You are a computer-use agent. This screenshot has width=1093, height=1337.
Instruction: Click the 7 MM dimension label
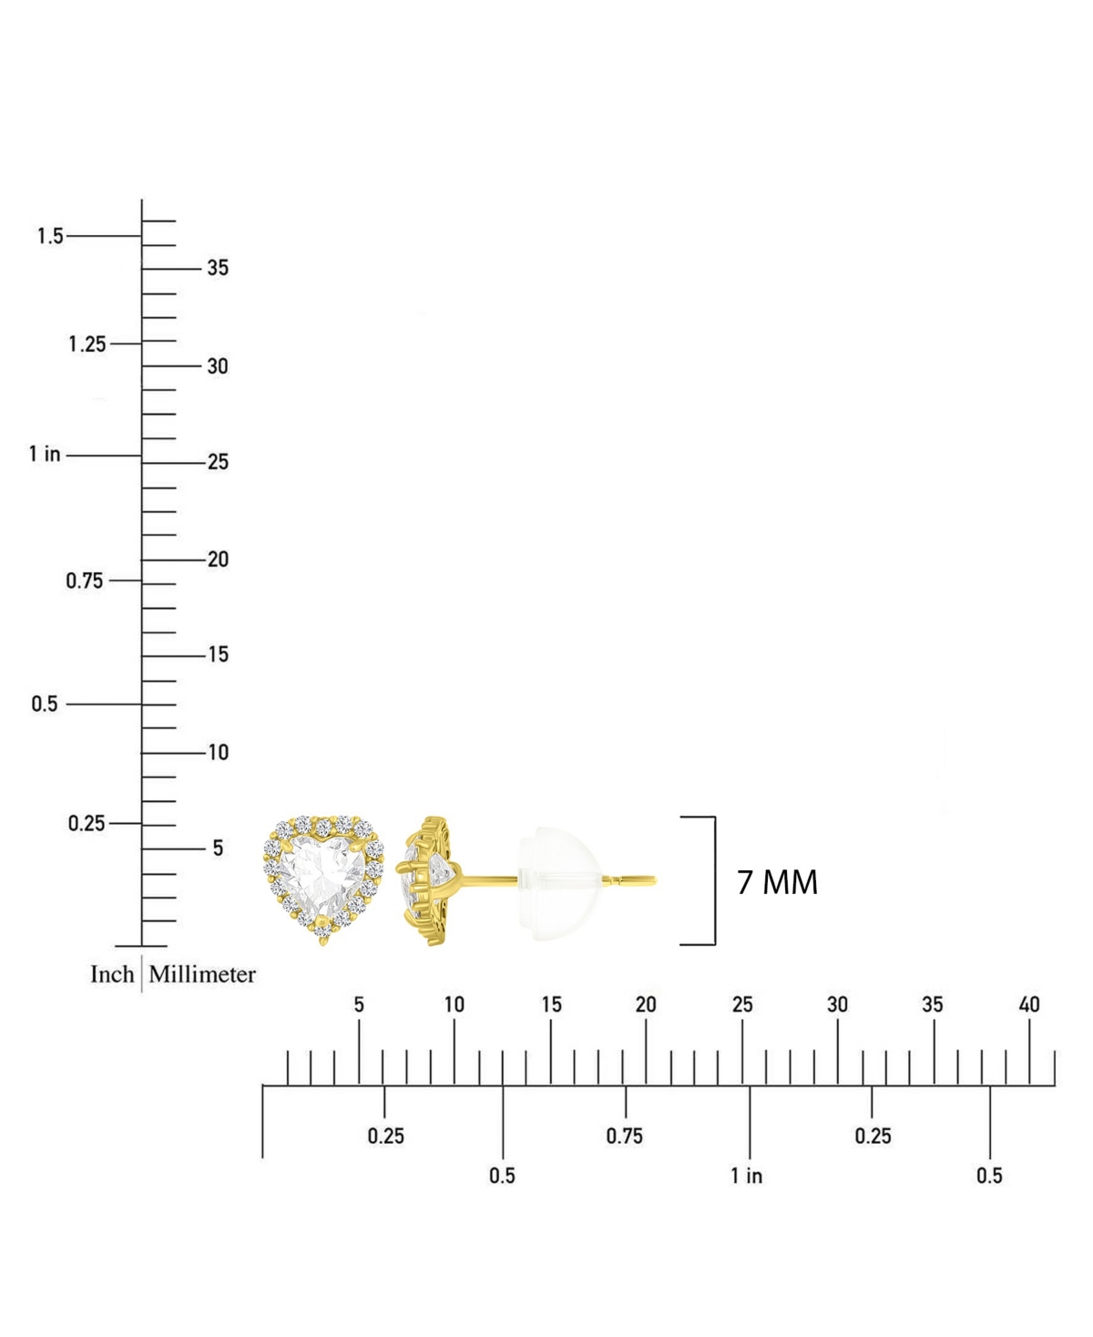pos(777,882)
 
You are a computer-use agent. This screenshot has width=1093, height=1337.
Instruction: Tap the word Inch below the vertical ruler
pos(112,974)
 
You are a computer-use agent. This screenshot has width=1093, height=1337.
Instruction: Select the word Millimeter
pos(202,974)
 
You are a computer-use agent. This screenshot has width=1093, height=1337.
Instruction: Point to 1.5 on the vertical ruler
pos(50,236)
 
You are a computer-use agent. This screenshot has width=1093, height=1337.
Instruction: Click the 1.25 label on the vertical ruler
pos(87,345)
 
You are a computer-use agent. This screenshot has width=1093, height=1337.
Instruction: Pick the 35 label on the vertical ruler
pos(218,268)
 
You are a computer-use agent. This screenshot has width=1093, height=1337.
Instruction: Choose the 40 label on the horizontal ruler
pos(1029,1004)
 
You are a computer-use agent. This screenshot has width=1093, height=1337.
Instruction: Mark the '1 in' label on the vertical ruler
pos(45,454)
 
